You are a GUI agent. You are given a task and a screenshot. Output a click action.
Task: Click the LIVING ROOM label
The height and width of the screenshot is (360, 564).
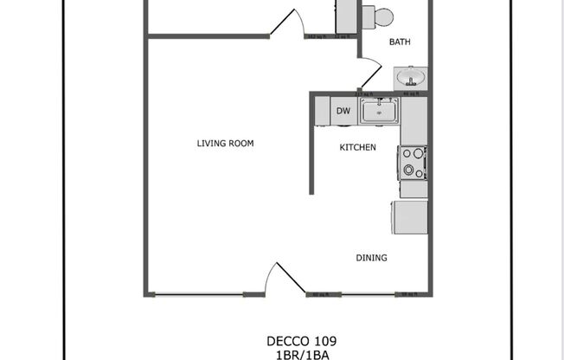[225, 144]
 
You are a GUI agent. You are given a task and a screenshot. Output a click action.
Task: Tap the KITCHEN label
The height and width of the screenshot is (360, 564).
[357, 148]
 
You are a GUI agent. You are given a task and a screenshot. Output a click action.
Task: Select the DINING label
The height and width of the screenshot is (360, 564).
[371, 258]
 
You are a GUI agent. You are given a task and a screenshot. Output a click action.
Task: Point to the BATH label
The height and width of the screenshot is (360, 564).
[400, 42]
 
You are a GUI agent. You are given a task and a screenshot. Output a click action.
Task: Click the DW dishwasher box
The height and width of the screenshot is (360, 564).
[343, 111]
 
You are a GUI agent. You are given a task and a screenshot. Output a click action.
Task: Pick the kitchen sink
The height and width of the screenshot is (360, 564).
[379, 111]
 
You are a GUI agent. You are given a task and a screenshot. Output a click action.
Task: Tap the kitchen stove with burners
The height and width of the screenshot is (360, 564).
[412, 163]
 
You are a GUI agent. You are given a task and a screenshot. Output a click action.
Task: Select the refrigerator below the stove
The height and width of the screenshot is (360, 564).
[409, 216]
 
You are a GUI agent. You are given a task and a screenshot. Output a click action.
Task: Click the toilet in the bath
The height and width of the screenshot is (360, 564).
[378, 16]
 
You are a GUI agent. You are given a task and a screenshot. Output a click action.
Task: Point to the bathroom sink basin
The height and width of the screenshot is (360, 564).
[409, 78]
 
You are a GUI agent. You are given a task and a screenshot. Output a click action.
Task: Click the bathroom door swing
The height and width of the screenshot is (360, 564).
[370, 69]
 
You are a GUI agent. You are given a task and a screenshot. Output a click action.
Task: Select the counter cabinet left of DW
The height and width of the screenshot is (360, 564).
[322, 111]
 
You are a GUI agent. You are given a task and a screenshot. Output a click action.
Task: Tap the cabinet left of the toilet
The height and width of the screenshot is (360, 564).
[346, 16]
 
